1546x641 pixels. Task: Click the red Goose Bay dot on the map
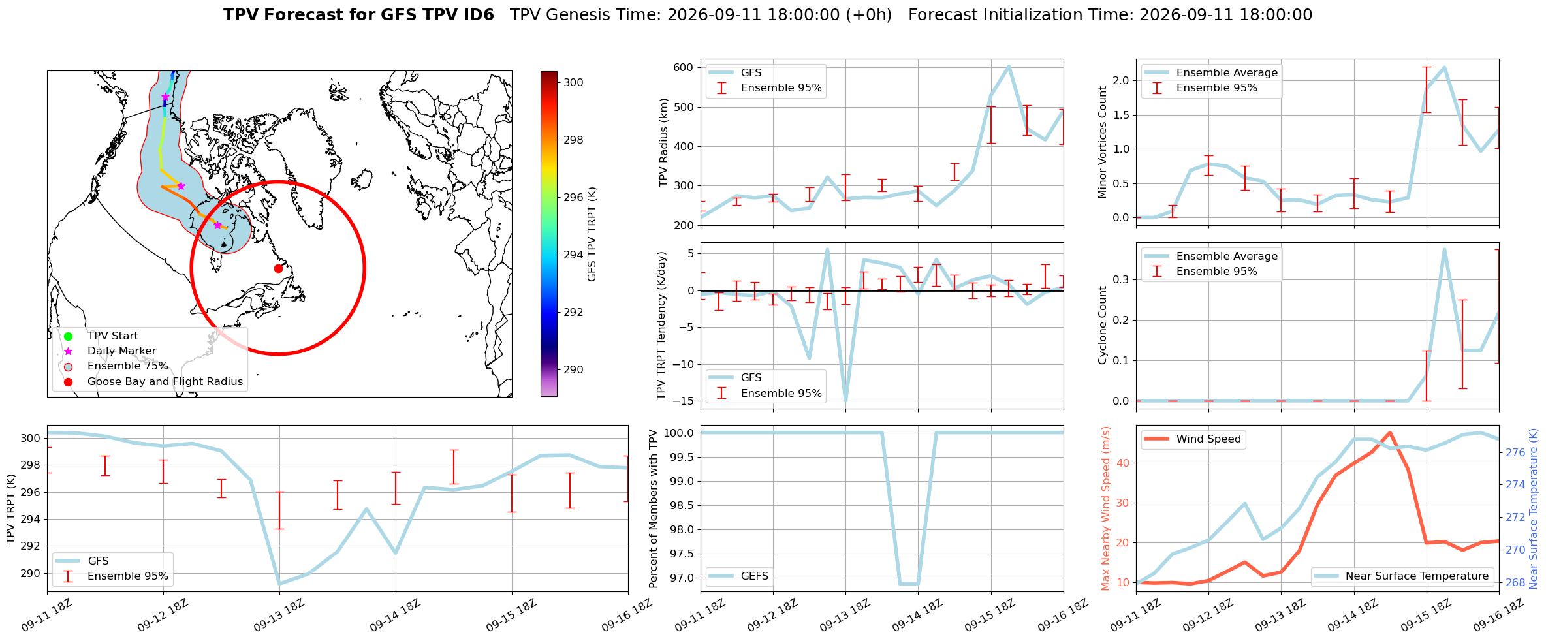click(x=278, y=268)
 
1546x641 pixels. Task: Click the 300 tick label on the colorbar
click(x=573, y=82)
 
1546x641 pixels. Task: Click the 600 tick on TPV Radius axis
click(x=682, y=68)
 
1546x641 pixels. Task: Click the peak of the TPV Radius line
click(x=1009, y=67)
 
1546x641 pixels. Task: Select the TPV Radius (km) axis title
click(x=664, y=142)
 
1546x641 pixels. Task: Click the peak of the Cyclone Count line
click(x=1443, y=249)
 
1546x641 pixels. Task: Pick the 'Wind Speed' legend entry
click(x=1194, y=439)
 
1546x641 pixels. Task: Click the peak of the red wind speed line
click(x=1390, y=432)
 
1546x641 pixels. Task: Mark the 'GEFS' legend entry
click(x=739, y=576)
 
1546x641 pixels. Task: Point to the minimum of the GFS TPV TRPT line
click(x=279, y=584)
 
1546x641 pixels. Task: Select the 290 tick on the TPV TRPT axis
click(x=29, y=573)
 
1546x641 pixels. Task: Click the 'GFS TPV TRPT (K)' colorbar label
click(x=592, y=234)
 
